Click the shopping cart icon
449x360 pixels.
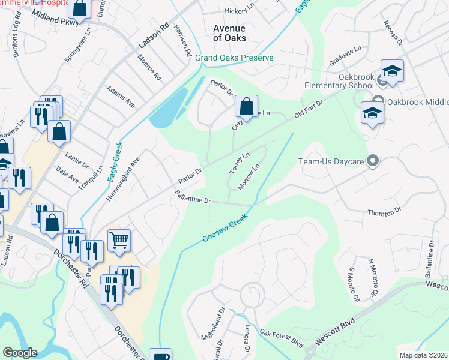(x=119, y=240)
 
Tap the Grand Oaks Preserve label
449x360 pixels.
(x=234, y=58)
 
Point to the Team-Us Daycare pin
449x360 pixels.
(x=373, y=160)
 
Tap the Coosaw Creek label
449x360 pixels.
(x=225, y=230)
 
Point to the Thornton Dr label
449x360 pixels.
(x=384, y=211)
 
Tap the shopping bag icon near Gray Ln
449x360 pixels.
(x=246, y=107)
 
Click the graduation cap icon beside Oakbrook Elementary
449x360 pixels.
(x=392, y=71)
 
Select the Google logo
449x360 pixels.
(x=20, y=353)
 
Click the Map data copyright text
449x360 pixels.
(x=423, y=355)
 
